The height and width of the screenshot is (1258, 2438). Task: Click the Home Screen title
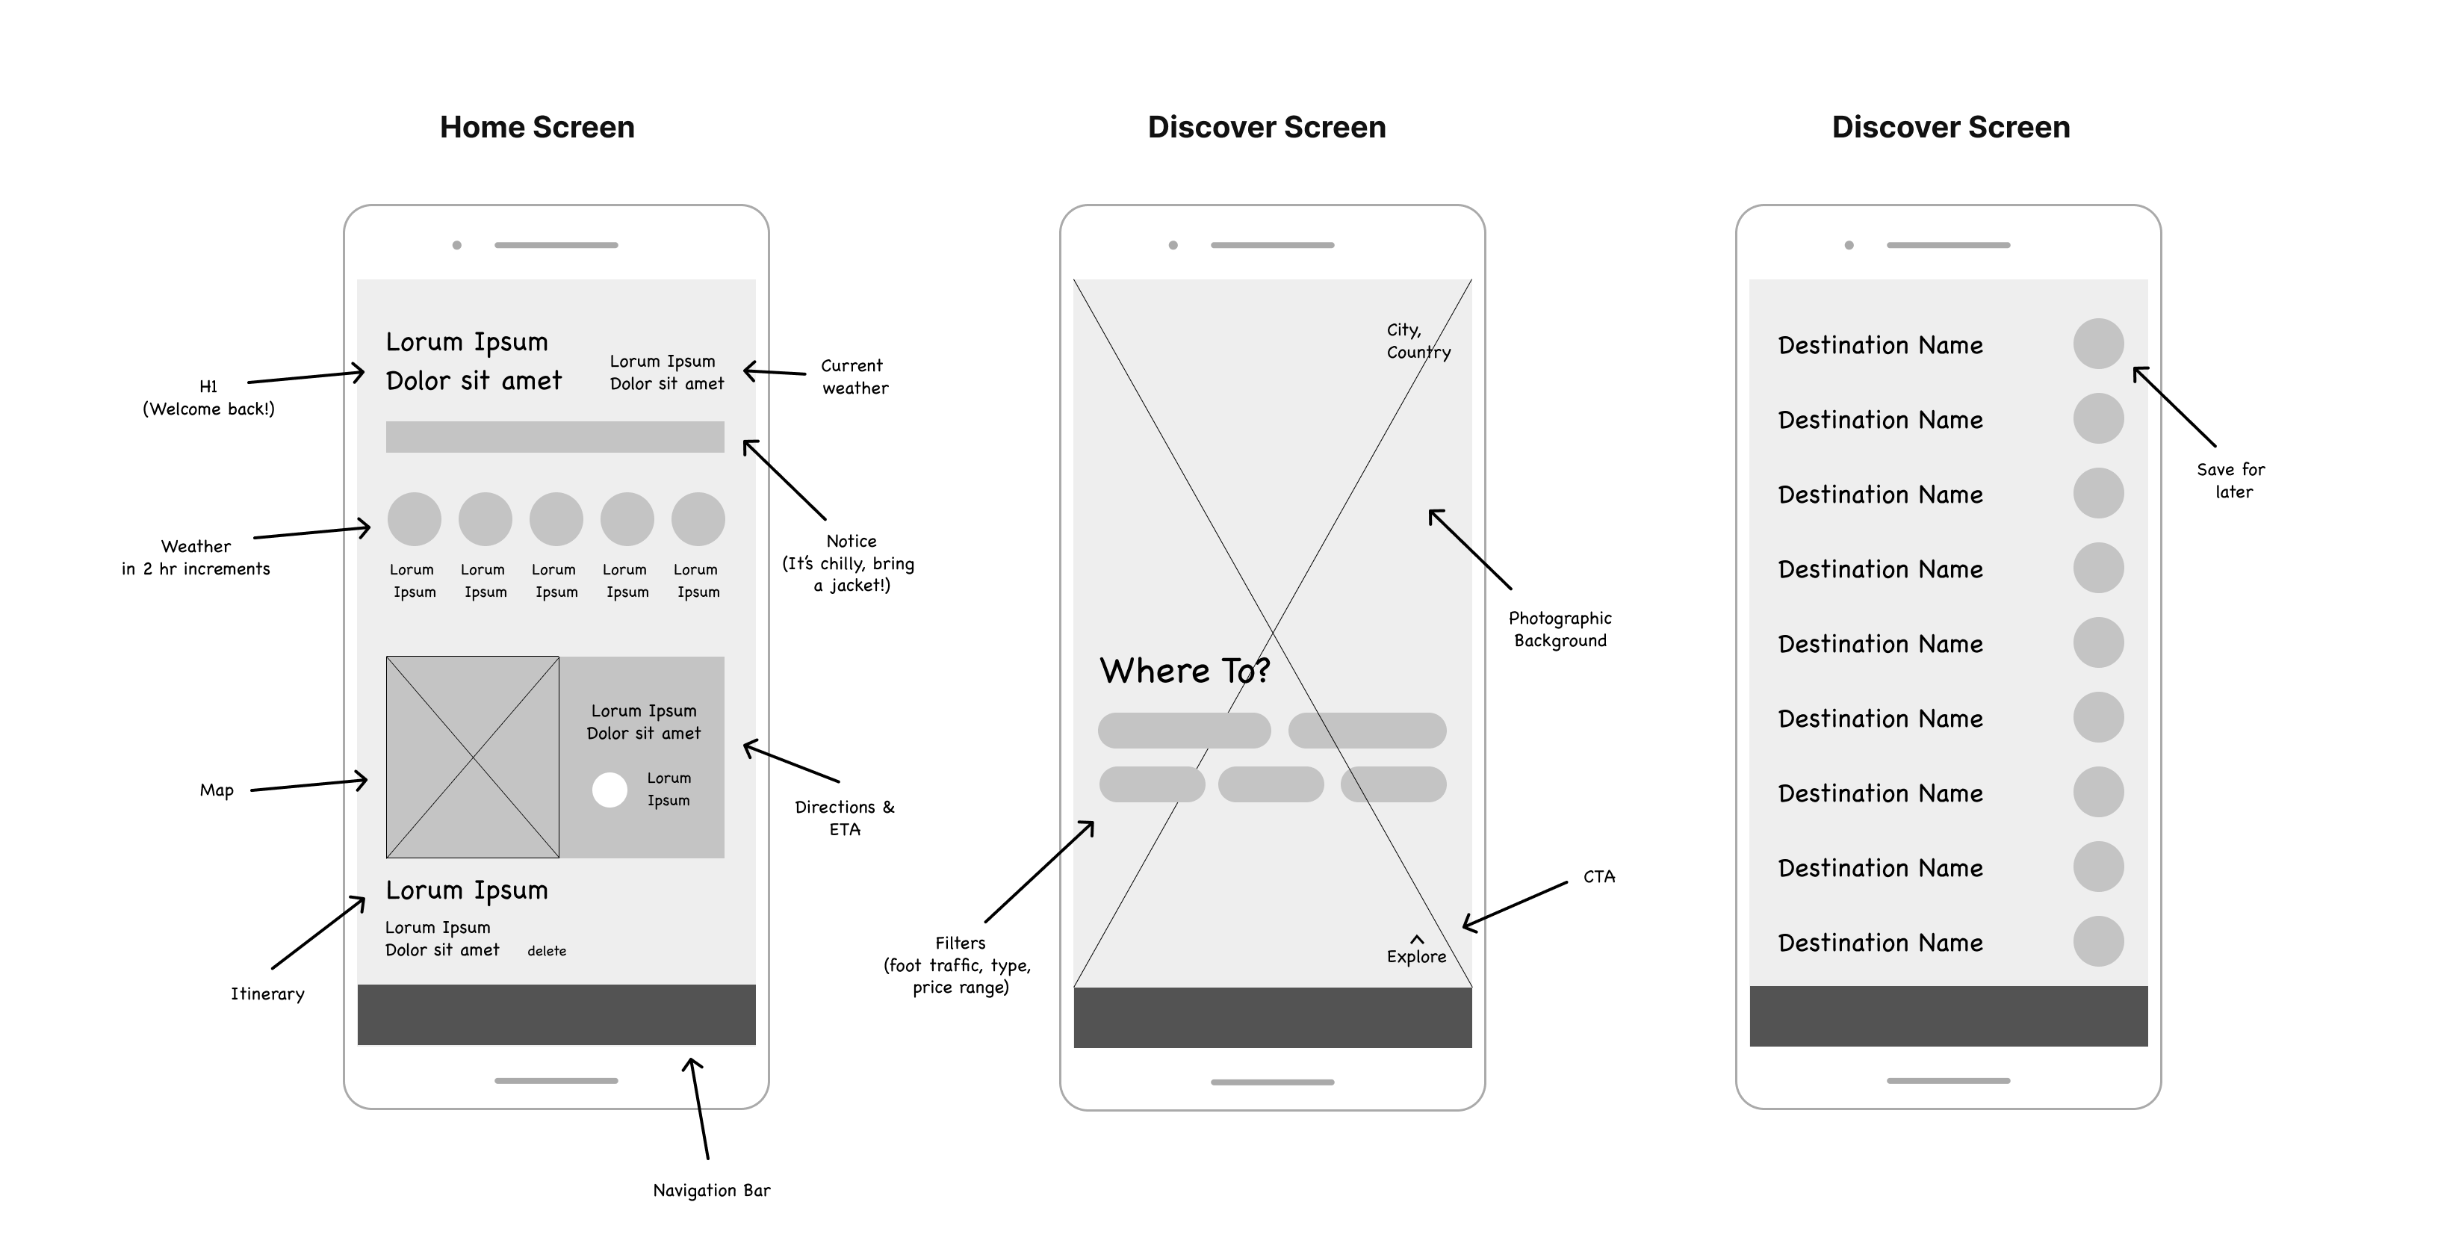(x=536, y=127)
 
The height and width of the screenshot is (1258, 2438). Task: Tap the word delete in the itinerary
(x=547, y=950)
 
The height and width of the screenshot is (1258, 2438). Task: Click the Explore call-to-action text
(x=1416, y=956)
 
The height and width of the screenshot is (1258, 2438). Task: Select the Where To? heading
(x=1184, y=670)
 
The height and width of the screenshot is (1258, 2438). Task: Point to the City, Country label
(x=1418, y=341)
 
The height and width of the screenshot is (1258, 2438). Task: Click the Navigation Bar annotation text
(x=712, y=1190)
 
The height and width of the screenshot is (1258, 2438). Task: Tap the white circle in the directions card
(x=609, y=790)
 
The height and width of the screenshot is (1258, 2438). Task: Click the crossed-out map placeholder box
(x=472, y=757)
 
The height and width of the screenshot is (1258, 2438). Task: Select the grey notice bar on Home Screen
(x=555, y=436)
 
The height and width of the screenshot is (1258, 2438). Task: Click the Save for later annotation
(x=2232, y=480)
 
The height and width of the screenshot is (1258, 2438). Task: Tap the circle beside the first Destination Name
(x=2098, y=344)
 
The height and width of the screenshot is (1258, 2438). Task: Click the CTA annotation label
(x=1598, y=876)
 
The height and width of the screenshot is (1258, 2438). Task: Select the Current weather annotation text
(x=854, y=377)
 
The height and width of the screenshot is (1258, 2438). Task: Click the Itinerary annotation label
(x=268, y=994)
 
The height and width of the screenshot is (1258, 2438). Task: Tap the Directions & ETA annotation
(x=844, y=818)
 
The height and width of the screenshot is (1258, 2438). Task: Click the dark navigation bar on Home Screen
(x=556, y=1014)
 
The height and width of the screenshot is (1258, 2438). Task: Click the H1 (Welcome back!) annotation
(x=208, y=397)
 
